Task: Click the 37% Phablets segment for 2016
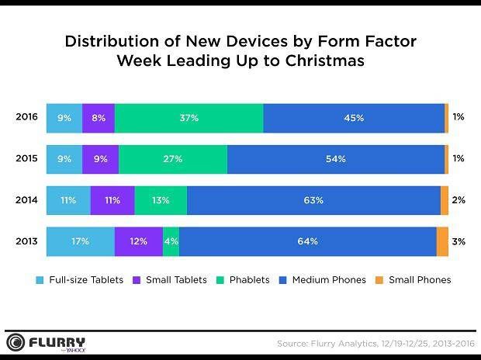point(189,118)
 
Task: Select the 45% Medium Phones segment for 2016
point(354,118)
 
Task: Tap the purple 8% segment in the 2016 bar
point(99,118)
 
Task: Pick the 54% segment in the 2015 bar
point(336,159)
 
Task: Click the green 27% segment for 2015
point(173,159)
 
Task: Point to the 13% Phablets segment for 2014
point(161,200)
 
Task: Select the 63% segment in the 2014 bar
point(314,200)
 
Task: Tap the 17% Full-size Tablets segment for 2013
point(81,241)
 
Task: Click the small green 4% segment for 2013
point(171,241)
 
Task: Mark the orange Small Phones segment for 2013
point(442,241)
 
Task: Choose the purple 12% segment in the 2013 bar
point(139,241)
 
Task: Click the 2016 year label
point(26,117)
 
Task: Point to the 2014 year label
point(26,200)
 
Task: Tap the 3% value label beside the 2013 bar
point(459,241)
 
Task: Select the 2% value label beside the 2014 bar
point(459,200)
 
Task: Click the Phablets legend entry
point(243,280)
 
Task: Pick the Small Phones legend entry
point(414,280)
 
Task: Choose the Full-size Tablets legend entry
point(79,280)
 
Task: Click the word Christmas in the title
point(325,61)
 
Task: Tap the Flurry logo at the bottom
point(46,342)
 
